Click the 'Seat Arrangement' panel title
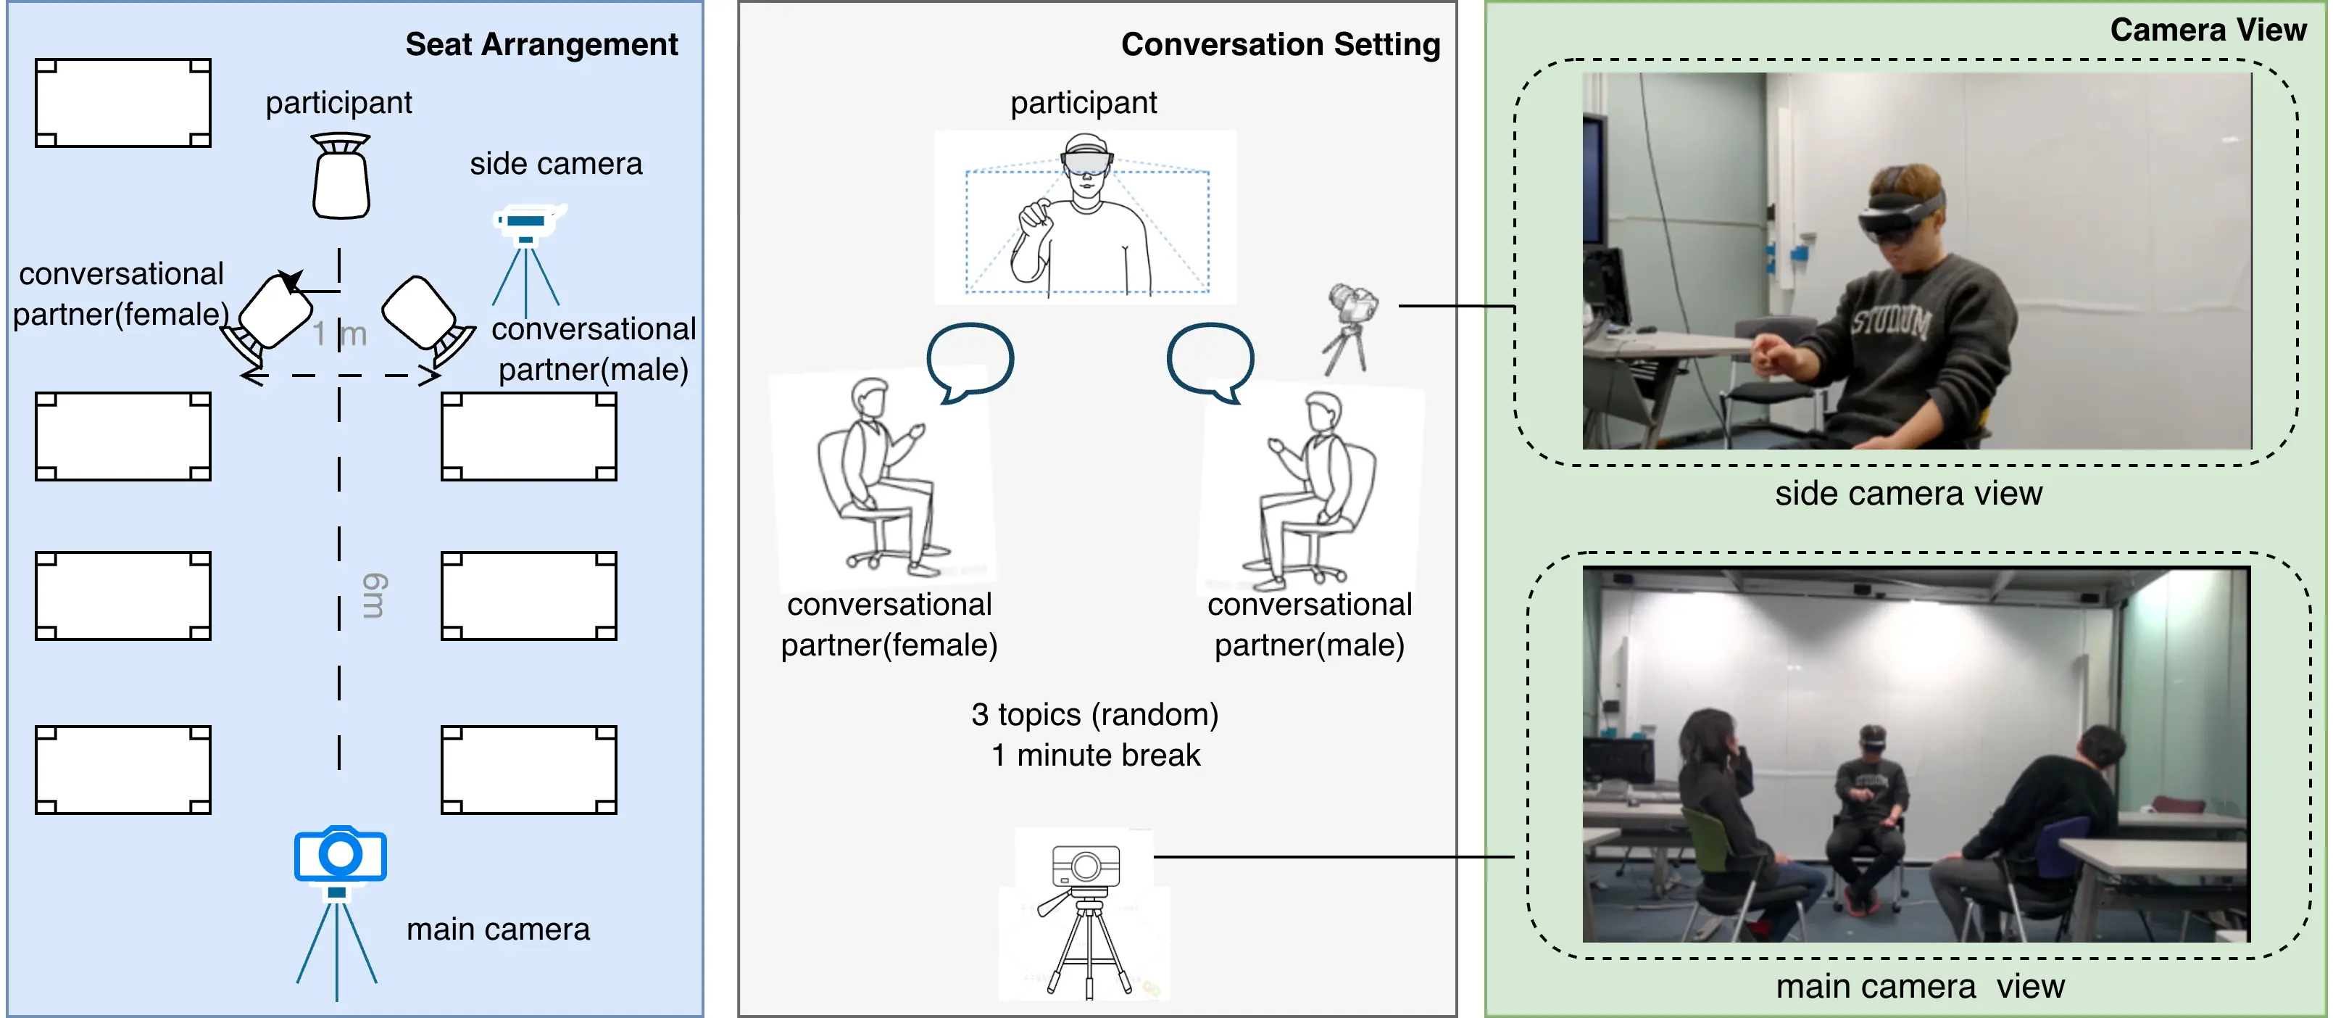click(541, 44)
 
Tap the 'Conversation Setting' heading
click(1280, 44)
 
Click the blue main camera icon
click(340, 855)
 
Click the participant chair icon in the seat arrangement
click(341, 178)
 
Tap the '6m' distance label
click(373, 595)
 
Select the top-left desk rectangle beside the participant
click(123, 103)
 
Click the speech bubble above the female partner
click(969, 360)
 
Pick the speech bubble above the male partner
click(1210, 360)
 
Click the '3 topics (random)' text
click(1094, 715)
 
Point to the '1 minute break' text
click(1095, 756)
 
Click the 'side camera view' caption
click(1908, 494)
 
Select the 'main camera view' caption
click(1919, 986)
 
